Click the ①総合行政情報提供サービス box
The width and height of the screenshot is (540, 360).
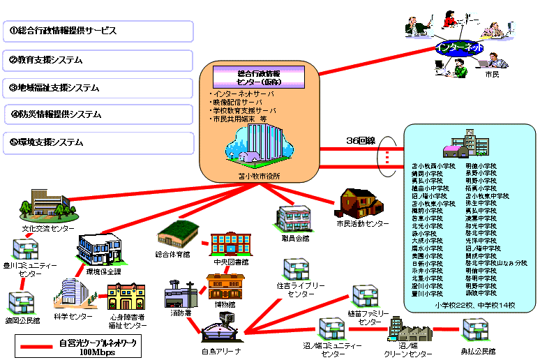tap(98, 31)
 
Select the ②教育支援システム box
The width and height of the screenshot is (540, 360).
tap(98, 60)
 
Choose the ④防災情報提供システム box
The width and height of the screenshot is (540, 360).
tap(98, 114)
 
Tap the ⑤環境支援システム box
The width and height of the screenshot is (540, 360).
tap(98, 142)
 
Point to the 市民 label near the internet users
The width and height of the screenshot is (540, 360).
tap(492, 73)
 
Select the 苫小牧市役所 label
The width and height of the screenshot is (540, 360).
tap(259, 176)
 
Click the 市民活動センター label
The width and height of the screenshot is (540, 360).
tap(363, 223)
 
